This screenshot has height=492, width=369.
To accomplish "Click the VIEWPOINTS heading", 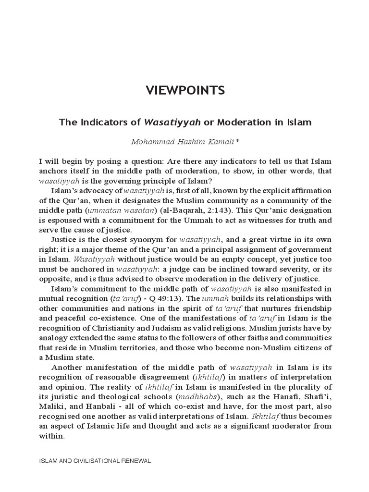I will click(185, 91).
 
